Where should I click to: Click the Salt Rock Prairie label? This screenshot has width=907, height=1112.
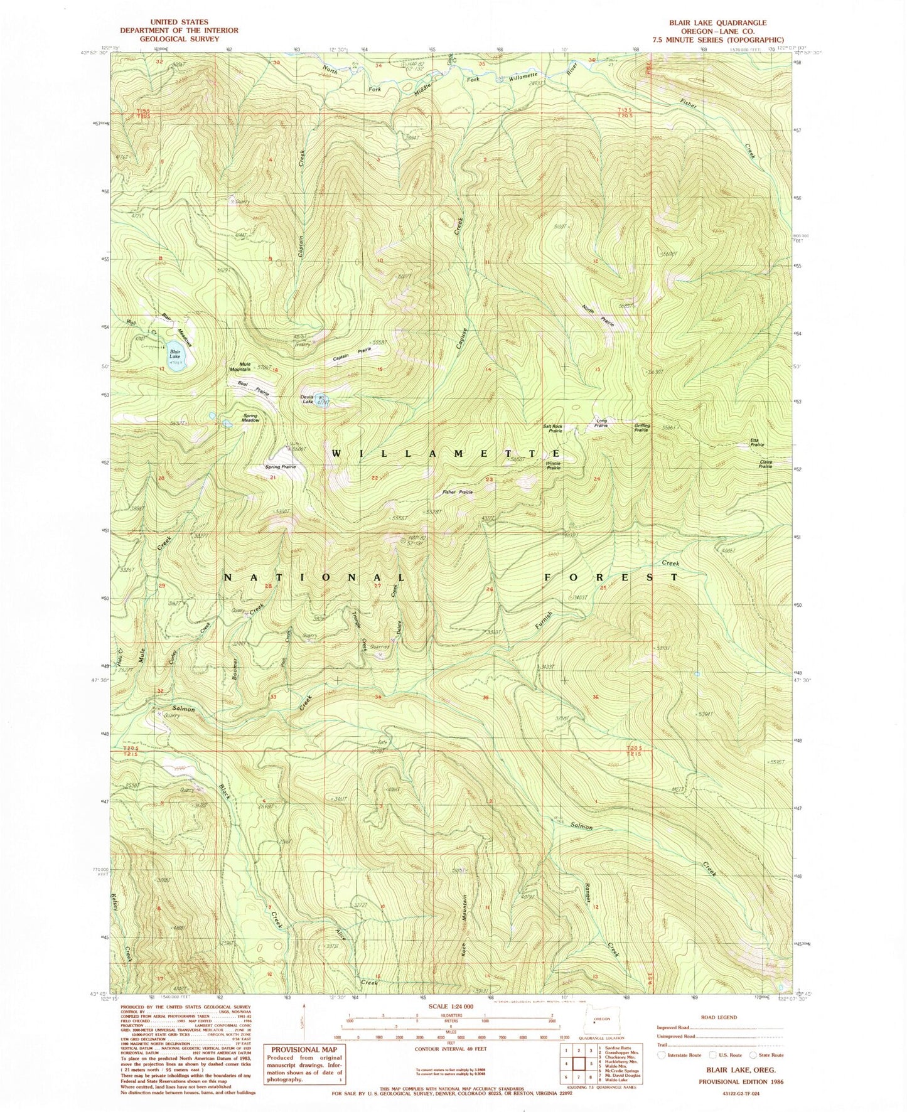click(x=553, y=429)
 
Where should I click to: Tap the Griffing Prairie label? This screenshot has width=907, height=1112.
click(x=642, y=428)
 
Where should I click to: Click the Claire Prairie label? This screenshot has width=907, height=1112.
click(x=765, y=465)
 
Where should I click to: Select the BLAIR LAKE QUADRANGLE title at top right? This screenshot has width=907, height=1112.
click(x=717, y=23)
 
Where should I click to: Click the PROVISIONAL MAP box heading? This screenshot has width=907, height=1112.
click(x=304, y=1049)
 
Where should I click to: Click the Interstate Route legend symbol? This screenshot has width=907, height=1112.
click(x=661, y=1055)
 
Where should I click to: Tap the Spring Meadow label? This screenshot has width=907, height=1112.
click(x=250, y=418)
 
